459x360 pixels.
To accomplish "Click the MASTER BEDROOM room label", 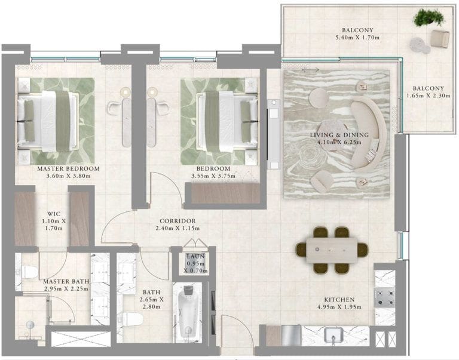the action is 69,169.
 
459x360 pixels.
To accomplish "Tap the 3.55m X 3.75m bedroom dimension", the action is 213,176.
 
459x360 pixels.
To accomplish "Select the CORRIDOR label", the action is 178,221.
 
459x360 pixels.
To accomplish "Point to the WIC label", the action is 54,214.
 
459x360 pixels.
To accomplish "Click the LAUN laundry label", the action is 195,257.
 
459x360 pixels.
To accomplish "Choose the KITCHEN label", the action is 339,300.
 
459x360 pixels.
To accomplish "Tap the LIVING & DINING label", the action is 339,135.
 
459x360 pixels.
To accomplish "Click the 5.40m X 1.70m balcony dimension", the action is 357,38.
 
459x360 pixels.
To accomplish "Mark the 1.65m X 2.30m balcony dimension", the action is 429,96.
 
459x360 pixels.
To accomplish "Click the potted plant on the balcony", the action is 428,17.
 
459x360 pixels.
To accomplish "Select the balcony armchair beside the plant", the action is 440,39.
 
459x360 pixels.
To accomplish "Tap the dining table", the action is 332,250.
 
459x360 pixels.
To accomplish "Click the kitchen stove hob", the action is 385,297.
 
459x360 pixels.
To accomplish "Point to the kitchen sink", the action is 333,336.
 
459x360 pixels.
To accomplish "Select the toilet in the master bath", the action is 29,272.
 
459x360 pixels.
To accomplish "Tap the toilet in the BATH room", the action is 131,319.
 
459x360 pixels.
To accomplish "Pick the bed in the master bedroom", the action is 48,121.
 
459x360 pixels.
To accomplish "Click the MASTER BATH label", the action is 66,282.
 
